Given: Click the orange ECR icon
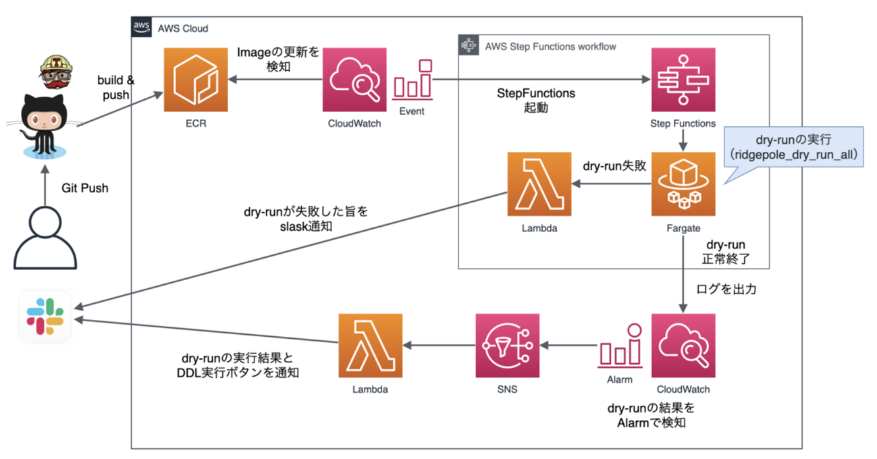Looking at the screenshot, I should click(195, 79).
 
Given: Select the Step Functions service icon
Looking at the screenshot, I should click(683, 79).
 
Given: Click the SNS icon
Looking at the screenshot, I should click(507, 345).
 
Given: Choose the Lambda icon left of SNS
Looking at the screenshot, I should click(371, 345).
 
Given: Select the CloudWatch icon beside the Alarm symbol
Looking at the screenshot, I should click(683, 345).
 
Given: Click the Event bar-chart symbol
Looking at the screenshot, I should click(412, 79).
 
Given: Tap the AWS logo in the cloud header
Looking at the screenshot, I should click(141, 28).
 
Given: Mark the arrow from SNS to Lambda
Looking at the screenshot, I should click(439, 346).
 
